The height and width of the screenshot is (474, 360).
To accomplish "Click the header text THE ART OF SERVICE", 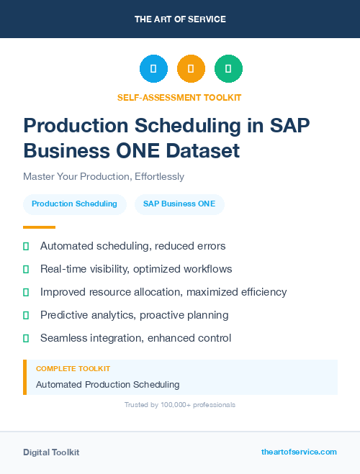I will point(180,19).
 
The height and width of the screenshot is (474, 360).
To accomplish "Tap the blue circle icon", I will point(153,69).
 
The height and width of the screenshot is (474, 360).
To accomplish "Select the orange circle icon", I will point(191,69).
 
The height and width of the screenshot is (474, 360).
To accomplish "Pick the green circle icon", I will point(228,69).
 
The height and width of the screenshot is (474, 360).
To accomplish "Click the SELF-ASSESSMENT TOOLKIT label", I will point(180,97).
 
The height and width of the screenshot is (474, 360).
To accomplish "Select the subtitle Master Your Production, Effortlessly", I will point(104,176).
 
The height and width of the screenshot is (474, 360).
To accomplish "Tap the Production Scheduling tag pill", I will point(74,204).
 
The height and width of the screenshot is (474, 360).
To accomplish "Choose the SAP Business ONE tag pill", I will point(179,204).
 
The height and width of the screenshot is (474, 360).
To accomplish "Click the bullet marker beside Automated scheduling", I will point(26,247).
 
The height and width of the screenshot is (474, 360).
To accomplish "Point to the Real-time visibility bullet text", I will point(136,269).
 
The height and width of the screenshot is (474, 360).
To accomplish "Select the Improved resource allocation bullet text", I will point(163,292).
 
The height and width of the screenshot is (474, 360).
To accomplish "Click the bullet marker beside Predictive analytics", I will point(26,315).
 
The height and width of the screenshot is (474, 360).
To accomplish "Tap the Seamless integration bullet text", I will point(135,338).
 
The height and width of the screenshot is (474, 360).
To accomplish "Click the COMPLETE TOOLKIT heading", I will point(73,369).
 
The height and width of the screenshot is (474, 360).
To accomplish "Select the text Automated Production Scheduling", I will point(107,385).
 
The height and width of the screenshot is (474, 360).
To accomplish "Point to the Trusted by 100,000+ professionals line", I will point(180,405).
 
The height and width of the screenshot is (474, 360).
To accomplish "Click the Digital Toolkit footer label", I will point(51,452).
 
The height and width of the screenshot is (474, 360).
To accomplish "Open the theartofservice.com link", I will point(299,452).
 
